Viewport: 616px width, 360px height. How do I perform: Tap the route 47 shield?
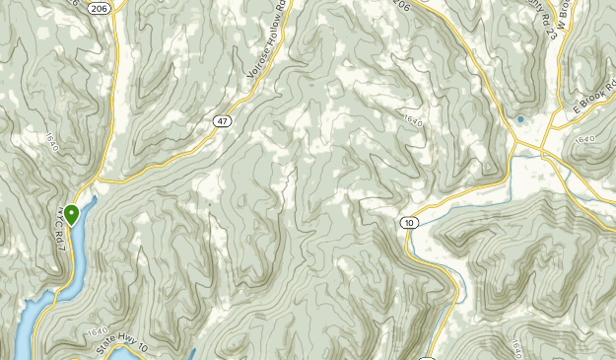224,119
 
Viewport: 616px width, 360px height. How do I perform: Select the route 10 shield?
408,224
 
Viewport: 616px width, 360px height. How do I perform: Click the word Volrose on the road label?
258,63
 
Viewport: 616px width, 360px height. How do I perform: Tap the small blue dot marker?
520,120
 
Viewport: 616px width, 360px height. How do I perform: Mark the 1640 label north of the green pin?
51,142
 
